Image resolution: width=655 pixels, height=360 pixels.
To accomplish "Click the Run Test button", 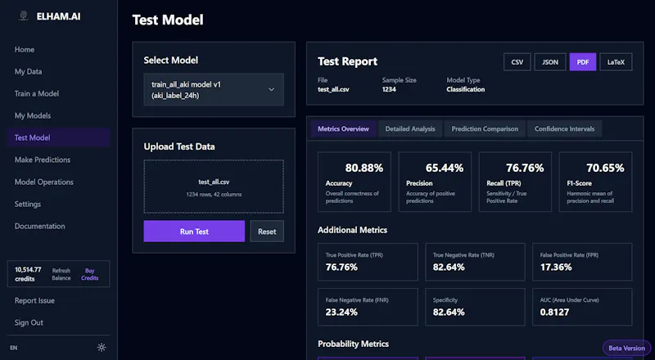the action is click(x=194, y=232).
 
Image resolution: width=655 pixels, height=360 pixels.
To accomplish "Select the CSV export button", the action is click(x=517, y=62).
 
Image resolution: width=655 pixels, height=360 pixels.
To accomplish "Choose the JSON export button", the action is click(x=550, y=62).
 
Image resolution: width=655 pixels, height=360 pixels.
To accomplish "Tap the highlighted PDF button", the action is click(x=583, y=62).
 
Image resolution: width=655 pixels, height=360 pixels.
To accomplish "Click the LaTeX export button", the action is click(x=616, y=62).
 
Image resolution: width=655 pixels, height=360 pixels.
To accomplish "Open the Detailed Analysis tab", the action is click(x=410, y=129).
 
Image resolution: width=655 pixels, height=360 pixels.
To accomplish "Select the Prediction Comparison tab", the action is click(x=485, y=129).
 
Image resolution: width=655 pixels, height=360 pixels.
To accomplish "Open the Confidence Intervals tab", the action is click(x=564, y=129).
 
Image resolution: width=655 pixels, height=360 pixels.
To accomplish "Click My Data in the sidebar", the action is click(x=29, y=71).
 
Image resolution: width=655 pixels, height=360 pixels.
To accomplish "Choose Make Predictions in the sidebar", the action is click(x=43, y=160).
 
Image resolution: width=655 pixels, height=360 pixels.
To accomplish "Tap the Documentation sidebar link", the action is click(x=39, y=226).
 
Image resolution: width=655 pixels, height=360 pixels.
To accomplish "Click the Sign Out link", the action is click(x=29, y=322).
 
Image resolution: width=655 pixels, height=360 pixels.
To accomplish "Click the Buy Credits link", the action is click(x=90, y=274).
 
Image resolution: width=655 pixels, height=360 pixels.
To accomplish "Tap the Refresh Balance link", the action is click(x=61, y=274).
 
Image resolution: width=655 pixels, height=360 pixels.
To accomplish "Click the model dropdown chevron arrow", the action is click(x=272, y=89).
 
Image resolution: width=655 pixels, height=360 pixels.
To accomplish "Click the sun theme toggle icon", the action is click(x=102, y=348).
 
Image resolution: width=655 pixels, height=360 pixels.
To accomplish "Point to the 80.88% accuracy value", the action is click(x=364, y=168).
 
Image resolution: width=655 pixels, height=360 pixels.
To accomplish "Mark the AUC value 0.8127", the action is click(x=554, y=312).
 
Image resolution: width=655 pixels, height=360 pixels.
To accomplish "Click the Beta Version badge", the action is click(x=626, y=348).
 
